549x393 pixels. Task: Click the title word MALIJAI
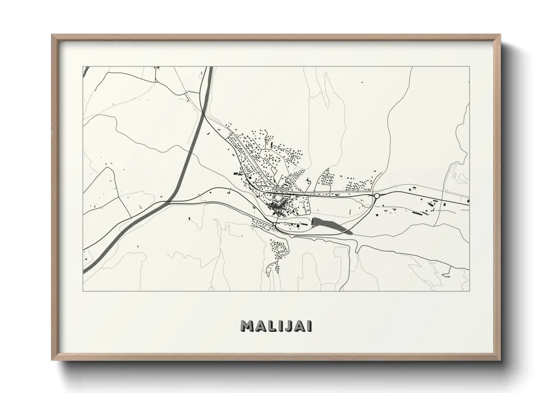(x=276, y=326)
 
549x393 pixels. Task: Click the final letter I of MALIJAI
(x=309, y=326)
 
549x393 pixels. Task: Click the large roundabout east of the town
(x=377, y=195)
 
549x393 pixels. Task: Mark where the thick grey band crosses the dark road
(x=168, y=202)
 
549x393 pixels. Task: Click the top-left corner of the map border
(x=83, y=67)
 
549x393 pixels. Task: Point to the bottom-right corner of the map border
(x=469, y=291)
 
